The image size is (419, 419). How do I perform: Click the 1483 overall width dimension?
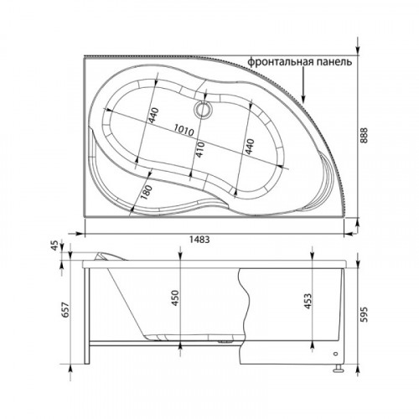[x=199, y=240]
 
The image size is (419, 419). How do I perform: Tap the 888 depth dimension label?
[x=364, y=136]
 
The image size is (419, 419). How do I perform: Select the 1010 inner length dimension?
[x=184, y=130]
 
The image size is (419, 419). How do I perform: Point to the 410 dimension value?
[x=200, y=149]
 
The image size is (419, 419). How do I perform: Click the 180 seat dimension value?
[x=146, y=192]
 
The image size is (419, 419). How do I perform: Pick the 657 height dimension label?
[x=65, y=309]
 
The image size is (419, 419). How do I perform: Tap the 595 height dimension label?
[x=364, y=314]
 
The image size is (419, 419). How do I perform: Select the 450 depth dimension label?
[x=175, y=298]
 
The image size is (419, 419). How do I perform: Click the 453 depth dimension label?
[x=308, y=301]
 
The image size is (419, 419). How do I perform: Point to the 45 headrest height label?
[x=55, y=246]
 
